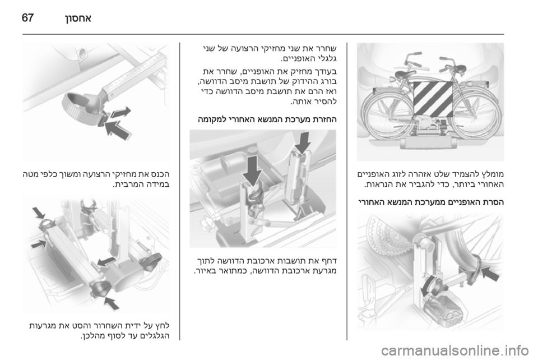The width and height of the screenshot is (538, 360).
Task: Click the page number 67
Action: pos(28,17)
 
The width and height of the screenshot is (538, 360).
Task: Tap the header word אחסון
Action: pos(77,17)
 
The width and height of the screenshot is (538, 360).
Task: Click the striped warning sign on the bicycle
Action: pos(433,99)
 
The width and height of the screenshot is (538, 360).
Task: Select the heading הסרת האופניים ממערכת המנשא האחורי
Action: pos(430,202)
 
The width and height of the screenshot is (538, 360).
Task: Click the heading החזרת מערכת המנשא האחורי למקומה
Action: pos(267,120)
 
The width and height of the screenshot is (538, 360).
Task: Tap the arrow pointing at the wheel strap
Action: pos(490,275)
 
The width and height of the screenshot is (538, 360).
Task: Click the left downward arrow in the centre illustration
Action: pos(253,170)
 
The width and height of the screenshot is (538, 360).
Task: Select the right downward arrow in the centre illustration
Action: pos(302,143)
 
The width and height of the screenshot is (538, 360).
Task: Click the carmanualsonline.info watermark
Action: pos(457,350)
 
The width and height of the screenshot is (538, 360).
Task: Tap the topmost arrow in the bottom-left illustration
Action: pos(39,213)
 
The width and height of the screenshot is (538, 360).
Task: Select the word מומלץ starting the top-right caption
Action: pos(493,174)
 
